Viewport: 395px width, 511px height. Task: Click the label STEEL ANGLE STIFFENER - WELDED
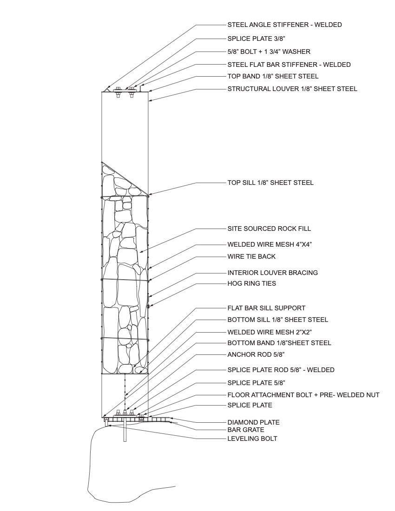pyautogui.click(x=284, y=25)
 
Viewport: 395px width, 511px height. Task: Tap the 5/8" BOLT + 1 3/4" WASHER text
pyautogui.click(x=269, y=52)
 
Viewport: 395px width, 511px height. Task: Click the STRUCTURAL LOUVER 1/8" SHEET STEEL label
pyautogui.click(x=292, y=89)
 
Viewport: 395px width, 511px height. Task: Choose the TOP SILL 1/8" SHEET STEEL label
pyautogui.click(x=270, y=183)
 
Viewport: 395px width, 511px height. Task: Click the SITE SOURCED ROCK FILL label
pyautogui.click(x=269, y=229)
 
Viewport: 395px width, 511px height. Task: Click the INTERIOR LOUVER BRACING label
pyautogui.click(x=272, y=273)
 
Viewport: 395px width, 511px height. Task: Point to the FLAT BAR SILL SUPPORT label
pyautogui.click(x=266, y=308)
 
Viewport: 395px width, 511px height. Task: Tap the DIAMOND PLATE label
pyautogui.click(x=253, y=422)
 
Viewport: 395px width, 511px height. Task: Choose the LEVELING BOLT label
pyautogui.click(x=252, y=438)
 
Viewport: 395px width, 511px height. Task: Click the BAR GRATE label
pyautogui.click(x=246, y=430)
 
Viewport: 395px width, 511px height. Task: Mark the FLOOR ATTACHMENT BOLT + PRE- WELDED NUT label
pyautogui.click(x=303, y=395)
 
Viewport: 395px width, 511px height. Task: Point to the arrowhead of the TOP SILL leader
pyautogui.click(x=149, y=195)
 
